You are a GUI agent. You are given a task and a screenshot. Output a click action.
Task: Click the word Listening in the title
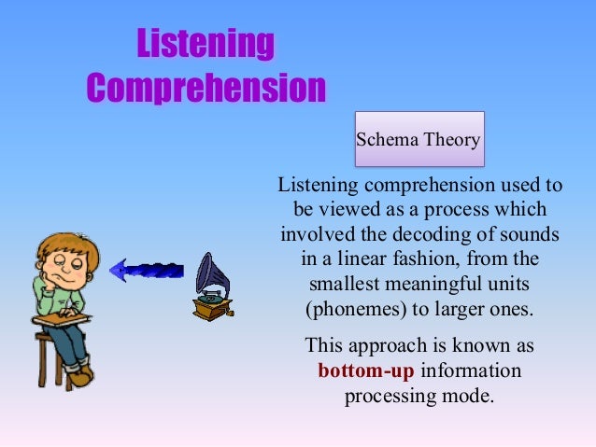point(206,44)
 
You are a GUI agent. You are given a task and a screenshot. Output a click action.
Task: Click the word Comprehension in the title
point(206,88)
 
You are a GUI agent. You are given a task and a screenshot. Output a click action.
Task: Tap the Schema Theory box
point(418,141)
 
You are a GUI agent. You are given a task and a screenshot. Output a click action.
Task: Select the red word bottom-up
point(365,370)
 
